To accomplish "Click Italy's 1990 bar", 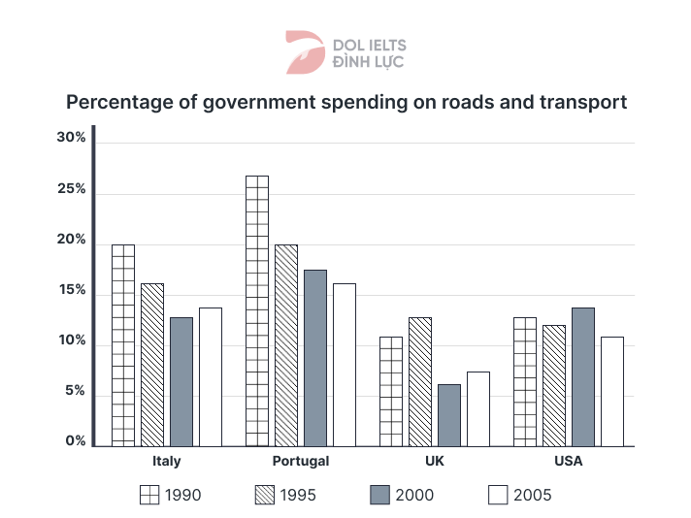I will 123,345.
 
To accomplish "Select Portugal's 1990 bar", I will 257,310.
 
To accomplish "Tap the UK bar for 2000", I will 448,415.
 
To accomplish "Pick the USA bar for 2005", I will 611,391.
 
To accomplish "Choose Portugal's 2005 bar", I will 344,365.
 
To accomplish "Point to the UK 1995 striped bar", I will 419,381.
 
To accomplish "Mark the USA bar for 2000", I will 582,376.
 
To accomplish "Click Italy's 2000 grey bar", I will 181,381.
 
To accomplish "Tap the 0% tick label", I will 75,442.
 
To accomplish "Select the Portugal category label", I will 301,462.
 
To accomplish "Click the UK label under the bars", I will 435,462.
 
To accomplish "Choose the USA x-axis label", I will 569,462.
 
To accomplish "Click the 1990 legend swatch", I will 148,496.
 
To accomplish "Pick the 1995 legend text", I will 298,496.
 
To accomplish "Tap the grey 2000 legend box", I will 379,496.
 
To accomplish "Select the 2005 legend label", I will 533,496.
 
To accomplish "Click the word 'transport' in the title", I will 578,102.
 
